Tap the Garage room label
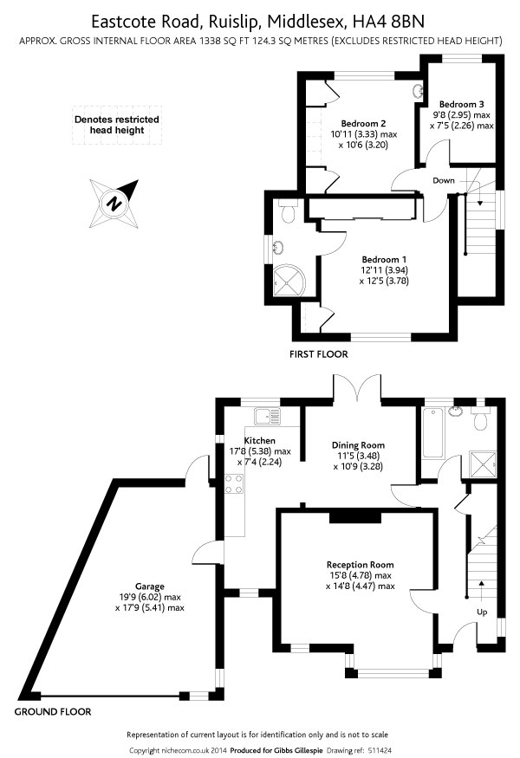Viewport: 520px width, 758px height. (149, 586)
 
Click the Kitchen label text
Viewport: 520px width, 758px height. (259, 441)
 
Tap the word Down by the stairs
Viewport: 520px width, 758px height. (443, 180)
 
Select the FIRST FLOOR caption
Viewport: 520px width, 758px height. (319, 354)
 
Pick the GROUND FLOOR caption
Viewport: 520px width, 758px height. (53, 712)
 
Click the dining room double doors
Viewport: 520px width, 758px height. (357, 389)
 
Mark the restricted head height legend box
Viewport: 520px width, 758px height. (116, 125)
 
